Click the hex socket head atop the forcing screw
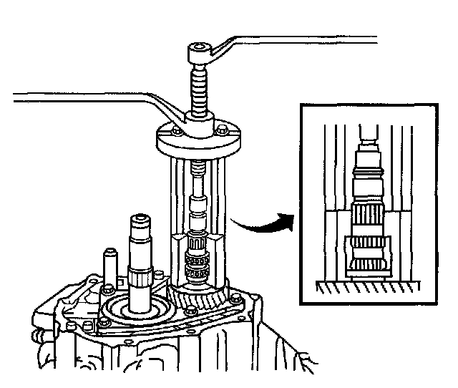(x=198, y=52)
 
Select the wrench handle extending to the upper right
(x=301, y=37)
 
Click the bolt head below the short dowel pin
(x=107, y=288)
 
